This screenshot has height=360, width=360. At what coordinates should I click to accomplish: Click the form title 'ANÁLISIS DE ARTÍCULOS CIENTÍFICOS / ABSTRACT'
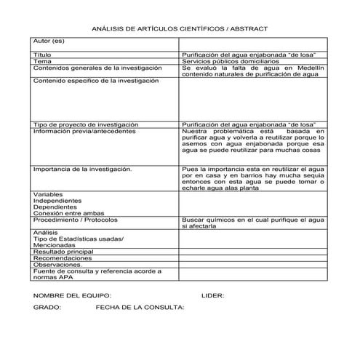click(180, 28)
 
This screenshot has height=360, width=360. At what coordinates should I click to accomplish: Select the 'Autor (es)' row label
click(49, 41)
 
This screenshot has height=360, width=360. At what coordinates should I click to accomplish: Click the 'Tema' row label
click(42, 62)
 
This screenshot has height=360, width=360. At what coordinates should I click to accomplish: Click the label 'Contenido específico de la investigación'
click(95, 80)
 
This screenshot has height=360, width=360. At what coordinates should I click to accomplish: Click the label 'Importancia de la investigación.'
click(82, 169)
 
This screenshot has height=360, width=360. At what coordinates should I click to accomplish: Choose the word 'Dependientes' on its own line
click(55, 207)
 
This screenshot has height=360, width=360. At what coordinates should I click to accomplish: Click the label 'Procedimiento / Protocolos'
click(76, 219)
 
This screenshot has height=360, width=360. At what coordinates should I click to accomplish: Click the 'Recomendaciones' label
click(63, 258)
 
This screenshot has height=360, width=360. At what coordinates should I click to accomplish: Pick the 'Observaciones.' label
click(60, 265)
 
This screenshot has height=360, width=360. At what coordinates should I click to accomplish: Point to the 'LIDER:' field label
click(212, 295)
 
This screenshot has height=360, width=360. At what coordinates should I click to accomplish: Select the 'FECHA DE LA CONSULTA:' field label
click(140, 308)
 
